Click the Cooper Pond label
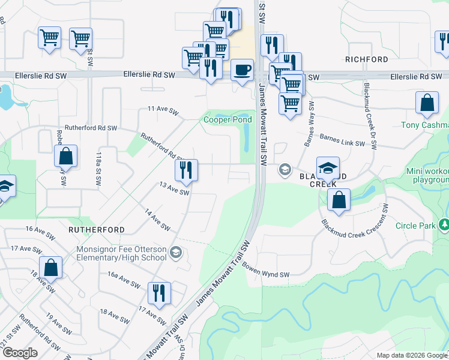[x=227, y=119]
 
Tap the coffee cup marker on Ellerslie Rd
[x=242, y=70]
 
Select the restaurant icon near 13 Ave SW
[x=186, y=170]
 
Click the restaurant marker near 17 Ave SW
[x=159, y=293]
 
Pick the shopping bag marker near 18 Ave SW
[x=50, y=268]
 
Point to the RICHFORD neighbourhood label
[x=366, y=60]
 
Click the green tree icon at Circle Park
[x=444, y=225]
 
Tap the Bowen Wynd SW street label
[x=267, y=272]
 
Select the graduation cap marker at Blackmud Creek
[x=328, y=168]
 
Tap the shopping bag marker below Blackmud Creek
[x=339, y=200]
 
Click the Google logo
[x=20, y=353]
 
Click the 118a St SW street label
[x=98, y=169]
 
